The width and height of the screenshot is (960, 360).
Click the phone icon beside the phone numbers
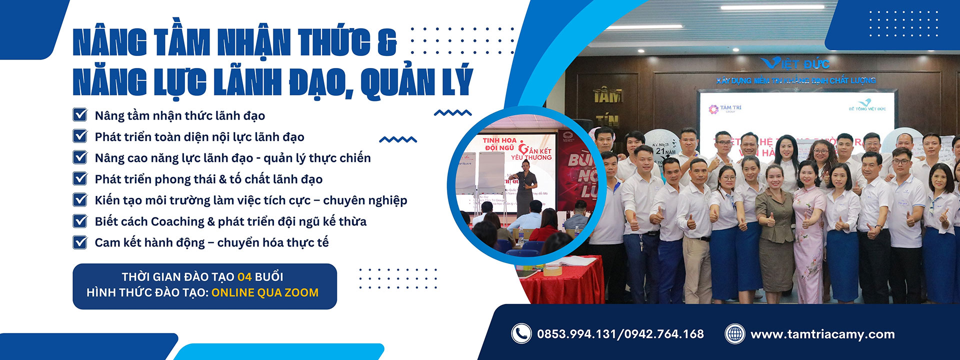pos(521,333)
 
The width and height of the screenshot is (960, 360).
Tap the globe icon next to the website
pos(734,333)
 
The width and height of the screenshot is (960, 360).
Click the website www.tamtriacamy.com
pos(822,334)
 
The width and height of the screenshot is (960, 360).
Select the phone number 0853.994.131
pos(577,334)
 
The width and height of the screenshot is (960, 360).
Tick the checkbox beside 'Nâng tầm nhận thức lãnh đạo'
pos(80,115)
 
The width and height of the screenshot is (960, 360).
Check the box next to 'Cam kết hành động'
pos(80,242)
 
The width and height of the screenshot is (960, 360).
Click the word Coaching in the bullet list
pos(177,221)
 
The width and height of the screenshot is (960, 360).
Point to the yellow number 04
pos(244,276)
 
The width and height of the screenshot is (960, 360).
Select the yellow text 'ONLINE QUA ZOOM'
pos(264,292)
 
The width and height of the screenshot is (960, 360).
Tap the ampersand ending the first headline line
pos(386,42)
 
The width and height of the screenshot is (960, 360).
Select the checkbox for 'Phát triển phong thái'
pos(80,178)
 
